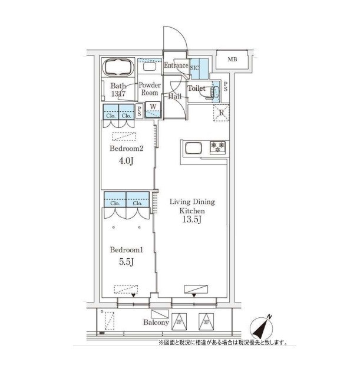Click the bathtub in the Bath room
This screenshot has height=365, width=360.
[118, 67]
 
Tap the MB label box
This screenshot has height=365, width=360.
[232, 60]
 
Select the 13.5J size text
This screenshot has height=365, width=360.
[192, 219]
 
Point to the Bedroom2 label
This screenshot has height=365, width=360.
[126, 149]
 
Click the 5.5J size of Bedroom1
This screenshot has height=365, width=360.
[126, 262]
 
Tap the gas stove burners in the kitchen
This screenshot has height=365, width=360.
[217, 147]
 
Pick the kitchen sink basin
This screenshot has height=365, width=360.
[193, 148]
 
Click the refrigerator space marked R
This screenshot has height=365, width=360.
[222, 113]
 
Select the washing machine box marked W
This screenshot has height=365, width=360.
[153, 110]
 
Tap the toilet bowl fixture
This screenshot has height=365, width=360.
[214, 91]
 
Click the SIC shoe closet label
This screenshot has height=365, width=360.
[194, 68]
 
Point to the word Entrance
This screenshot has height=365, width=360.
[176, 65]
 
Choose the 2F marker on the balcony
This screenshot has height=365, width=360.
[179, 322]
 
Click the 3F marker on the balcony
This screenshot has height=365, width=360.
[206, 322]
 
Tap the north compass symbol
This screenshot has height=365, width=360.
[262, 328]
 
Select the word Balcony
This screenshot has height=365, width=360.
[156, 323]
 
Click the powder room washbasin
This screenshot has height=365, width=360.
[149, 67]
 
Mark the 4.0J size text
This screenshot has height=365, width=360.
[126, 161]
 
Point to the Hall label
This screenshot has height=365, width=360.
[174, 96]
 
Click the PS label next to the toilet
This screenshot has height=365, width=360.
[226, 86]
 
